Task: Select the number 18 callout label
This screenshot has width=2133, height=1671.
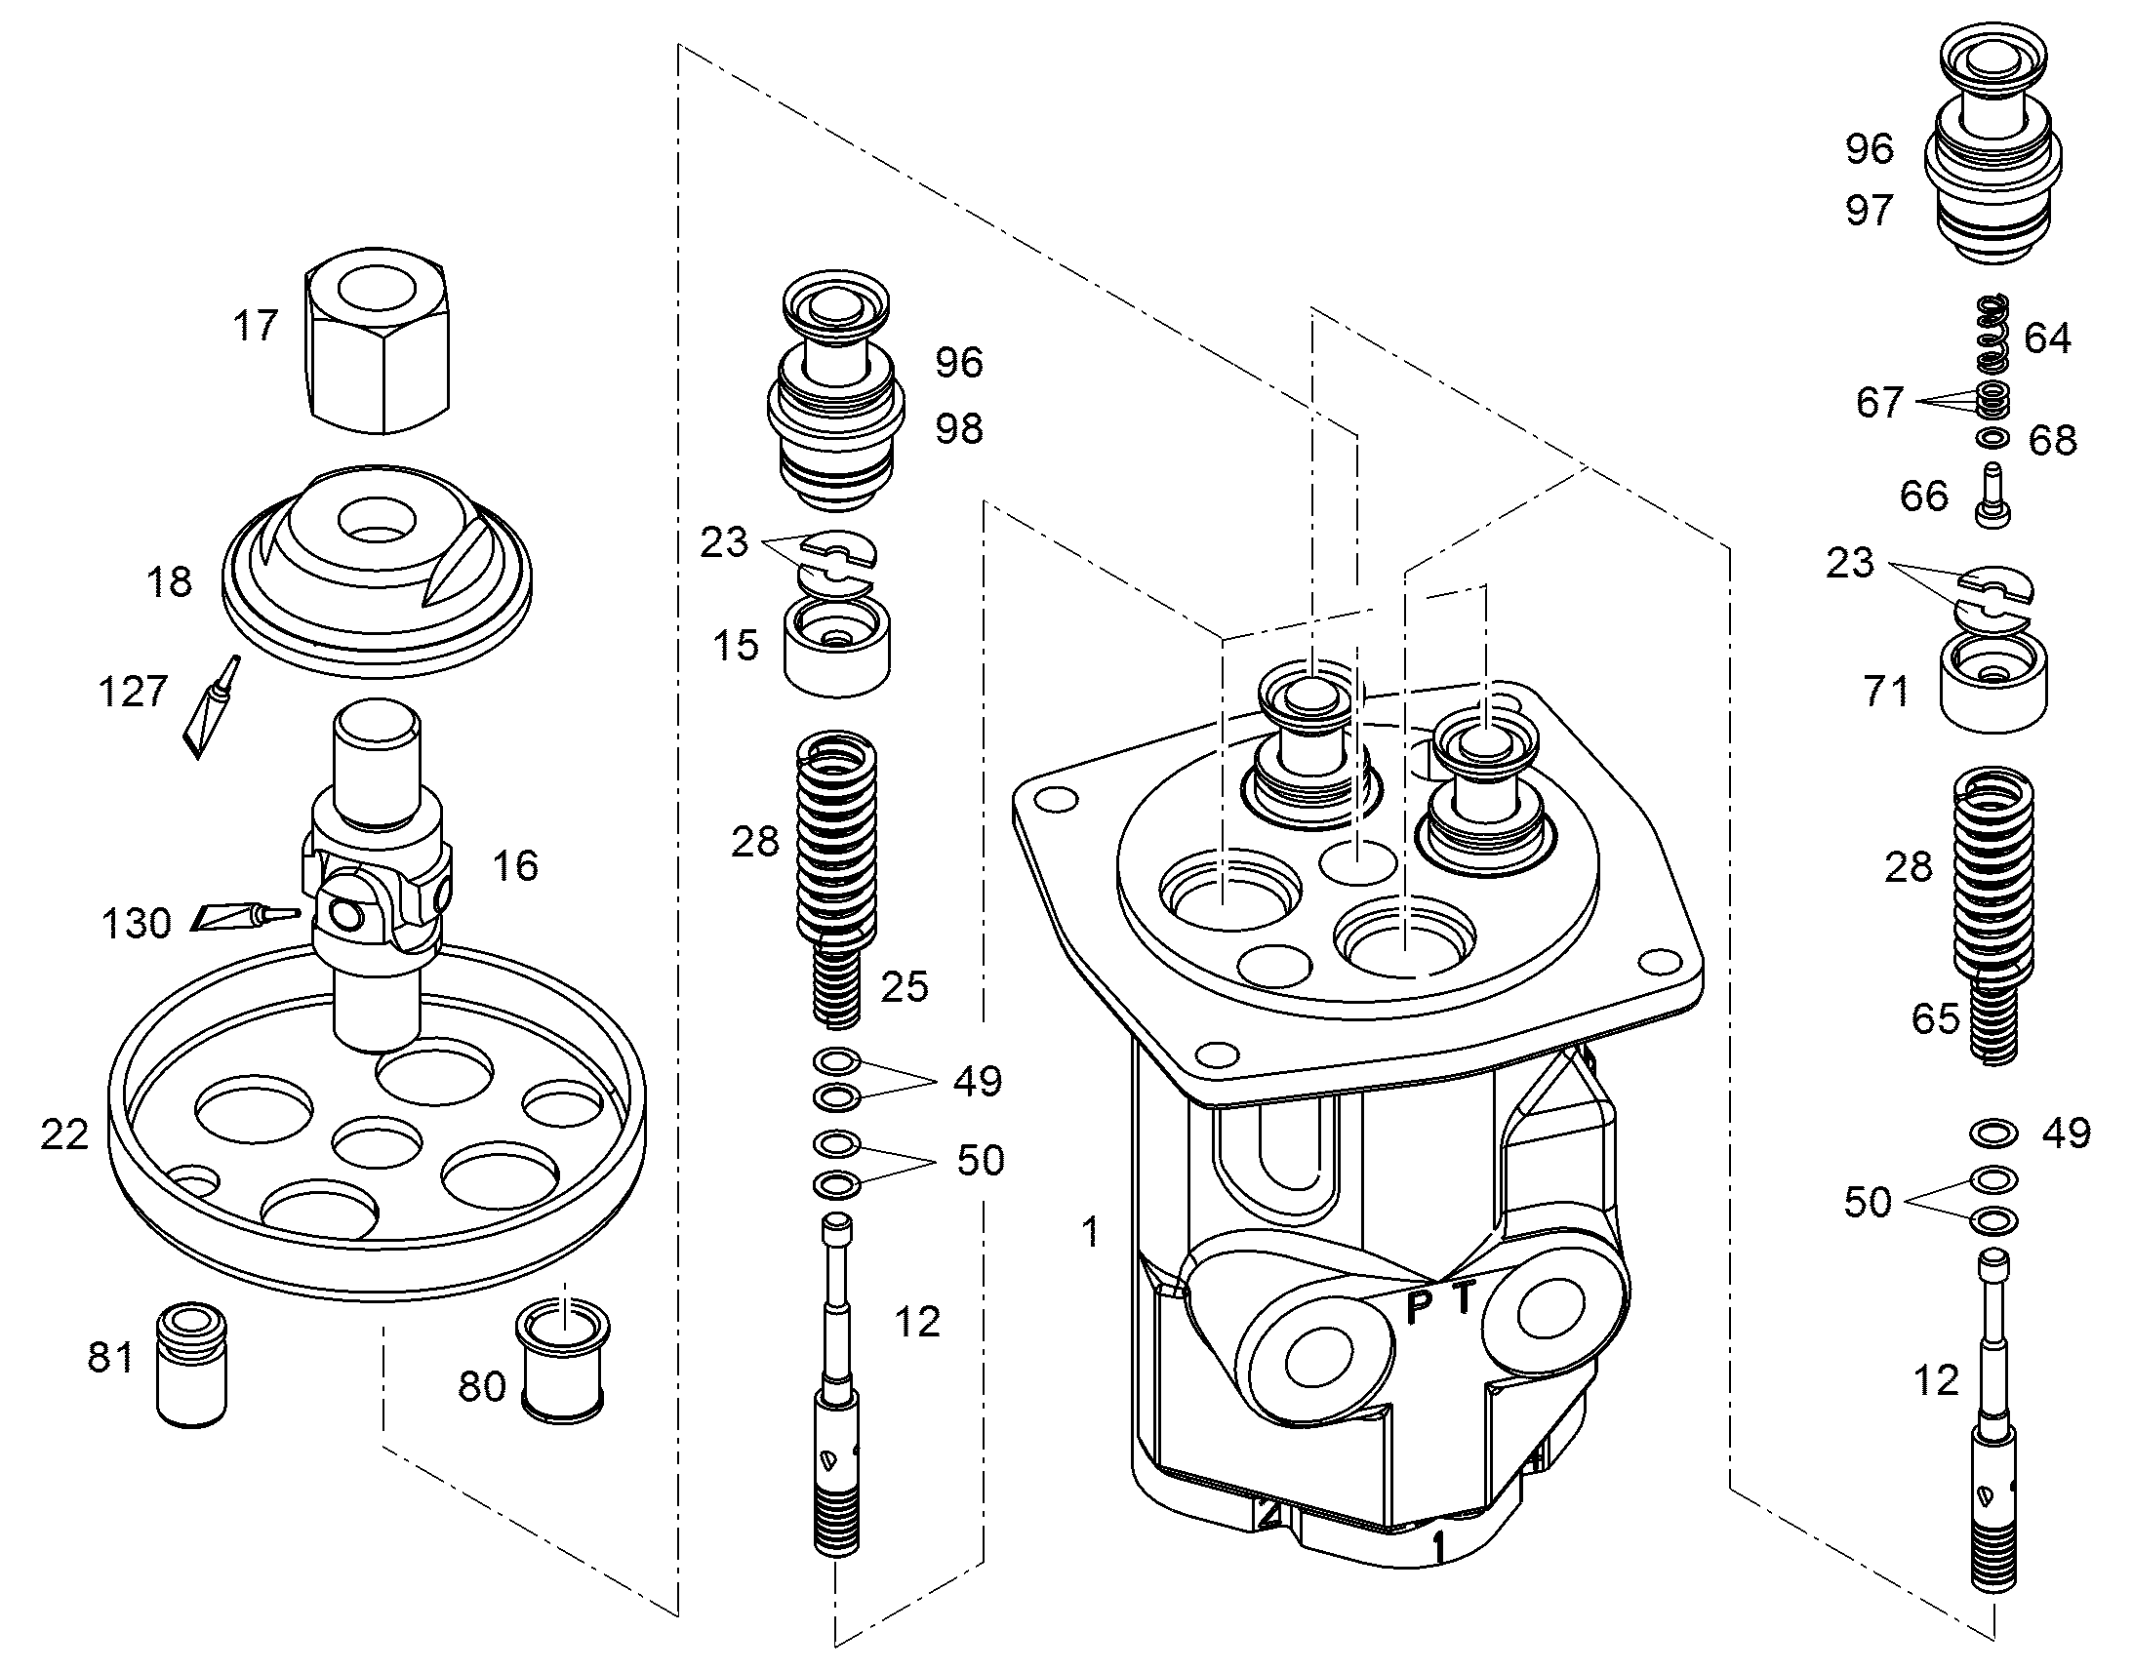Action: [x=169, y=582]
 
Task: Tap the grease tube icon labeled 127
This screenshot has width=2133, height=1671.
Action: [x=210, y=707]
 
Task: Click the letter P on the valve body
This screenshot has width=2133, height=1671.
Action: [x=1419, y=1307]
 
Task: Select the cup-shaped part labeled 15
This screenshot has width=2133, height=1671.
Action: [x=837, y=648]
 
